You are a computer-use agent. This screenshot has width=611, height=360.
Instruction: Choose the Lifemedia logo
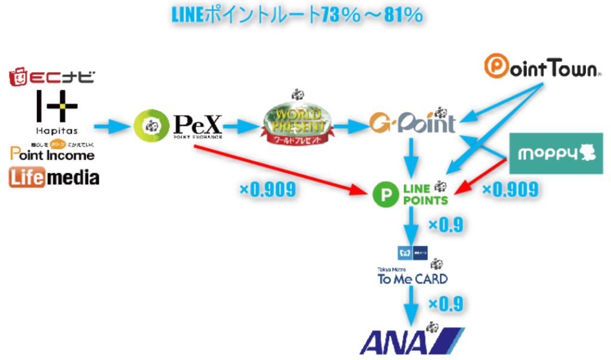(54, 177)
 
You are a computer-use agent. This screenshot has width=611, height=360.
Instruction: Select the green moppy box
(556, 153)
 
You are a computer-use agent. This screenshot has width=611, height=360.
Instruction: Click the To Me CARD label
(412, 278)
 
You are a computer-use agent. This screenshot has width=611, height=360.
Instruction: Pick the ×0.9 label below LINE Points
(446, 224)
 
